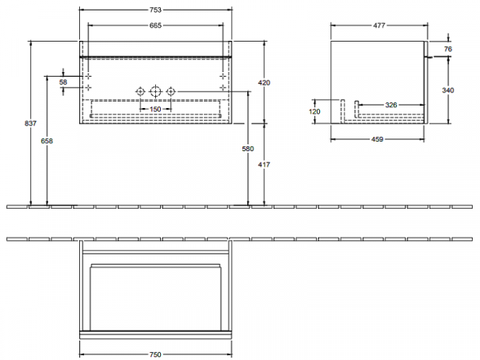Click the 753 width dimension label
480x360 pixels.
tap(155, 10)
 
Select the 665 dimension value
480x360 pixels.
tap(155, 26)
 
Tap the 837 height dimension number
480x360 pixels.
tap(30, 123)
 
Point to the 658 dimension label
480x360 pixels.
tap(47, 141)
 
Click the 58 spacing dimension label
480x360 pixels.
tap(63, 82)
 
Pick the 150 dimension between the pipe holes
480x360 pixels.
tap(155, 109)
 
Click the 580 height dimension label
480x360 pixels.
tap(248, 149)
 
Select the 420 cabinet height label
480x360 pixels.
tap(264, 82)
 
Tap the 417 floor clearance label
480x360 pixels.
tap(264, 165)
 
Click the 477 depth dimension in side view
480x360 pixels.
tap(379, 26)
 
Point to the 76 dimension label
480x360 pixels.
tap(448, 49)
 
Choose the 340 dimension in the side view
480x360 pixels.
tap(448, 90)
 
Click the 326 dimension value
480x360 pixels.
tap(391, 105)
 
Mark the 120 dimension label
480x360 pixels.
tap(314, 112)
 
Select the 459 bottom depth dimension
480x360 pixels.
tap(377, 139)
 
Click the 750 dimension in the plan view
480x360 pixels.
tap(155, 354)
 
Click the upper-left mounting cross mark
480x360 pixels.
tap(88, 76)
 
